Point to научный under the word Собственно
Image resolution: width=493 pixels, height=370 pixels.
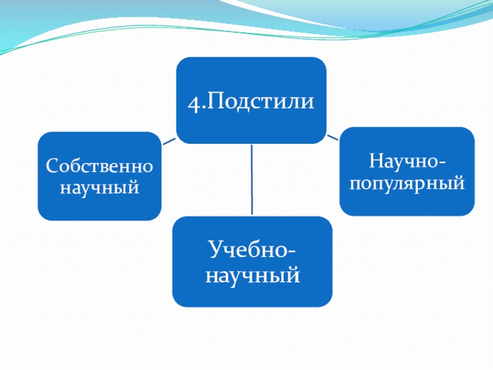coord(99,186)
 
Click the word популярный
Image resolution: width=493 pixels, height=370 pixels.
coord(407,183)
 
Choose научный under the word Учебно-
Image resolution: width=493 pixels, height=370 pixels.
coord(252,273)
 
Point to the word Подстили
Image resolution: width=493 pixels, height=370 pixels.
coord(259,102)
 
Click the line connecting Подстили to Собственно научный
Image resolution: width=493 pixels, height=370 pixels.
coord(169,141)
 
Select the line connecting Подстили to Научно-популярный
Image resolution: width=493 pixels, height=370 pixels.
coord(332,136)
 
